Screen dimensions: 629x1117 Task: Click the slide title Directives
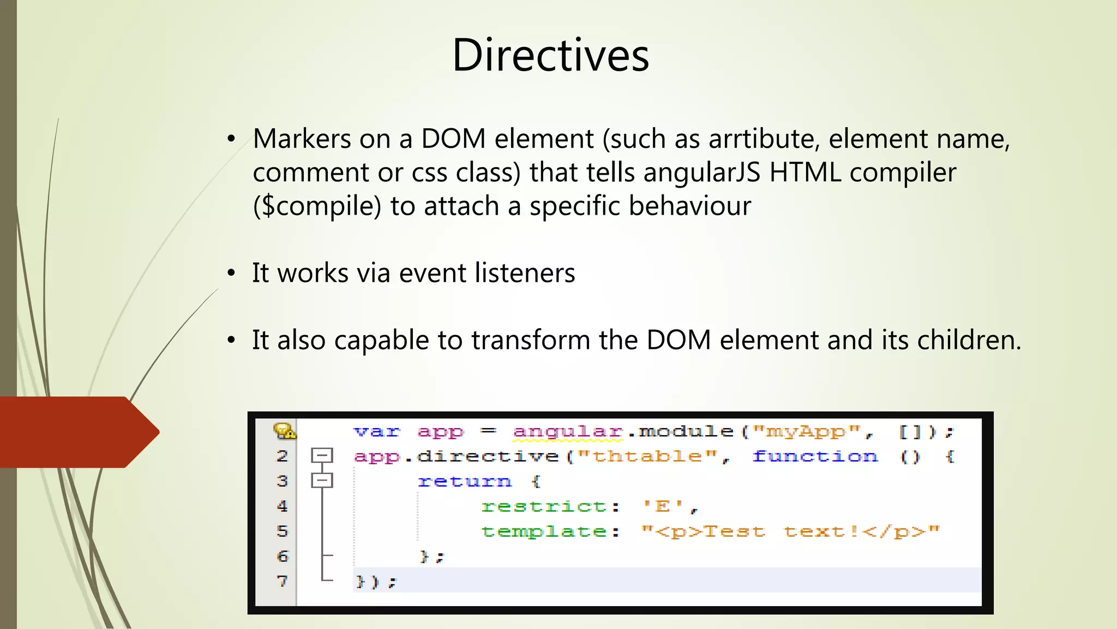click(551, 56)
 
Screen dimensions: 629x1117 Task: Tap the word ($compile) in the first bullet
click(317, 206)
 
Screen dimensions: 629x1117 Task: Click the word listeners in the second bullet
click(525, 273)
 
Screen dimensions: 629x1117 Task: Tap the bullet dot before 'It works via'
click(232, 273)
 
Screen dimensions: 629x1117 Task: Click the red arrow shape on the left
click(76, 432)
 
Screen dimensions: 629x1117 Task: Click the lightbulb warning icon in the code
click(284, 431)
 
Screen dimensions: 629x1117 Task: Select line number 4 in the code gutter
click(282, 506)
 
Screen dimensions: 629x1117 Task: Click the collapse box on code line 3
click(322, 480)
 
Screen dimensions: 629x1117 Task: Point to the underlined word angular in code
click(567, 432)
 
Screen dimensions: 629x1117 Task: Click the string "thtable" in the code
click(647, 456)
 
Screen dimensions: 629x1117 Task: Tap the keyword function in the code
click(815, 456)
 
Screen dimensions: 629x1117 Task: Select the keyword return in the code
click(465, 482)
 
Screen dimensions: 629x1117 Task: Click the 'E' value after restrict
click(663, 506)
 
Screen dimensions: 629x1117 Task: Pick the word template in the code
click(544, 531)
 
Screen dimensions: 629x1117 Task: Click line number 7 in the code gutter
click(282, 581)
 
